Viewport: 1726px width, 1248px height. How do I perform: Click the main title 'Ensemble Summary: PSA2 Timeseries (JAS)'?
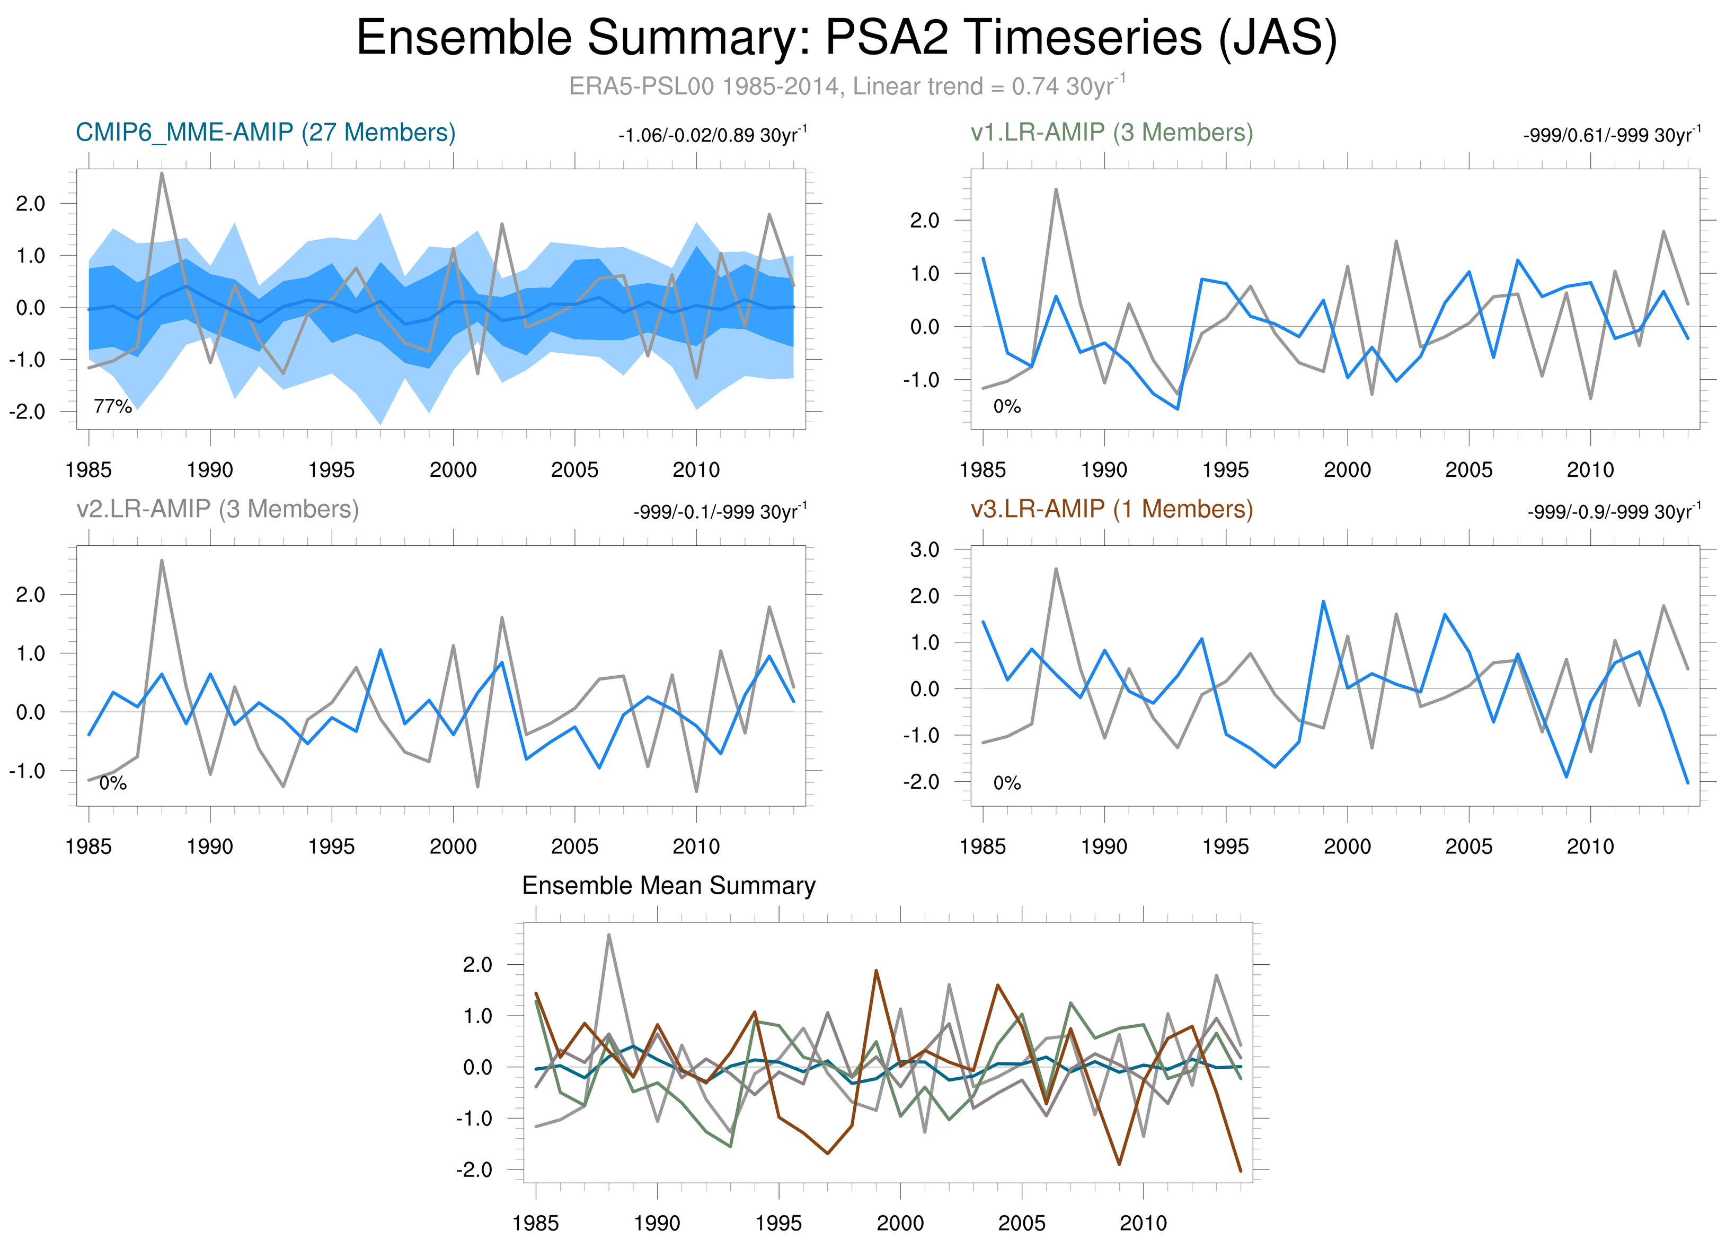[846, 38]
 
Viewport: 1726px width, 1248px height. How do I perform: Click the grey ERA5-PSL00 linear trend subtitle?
[846, 86]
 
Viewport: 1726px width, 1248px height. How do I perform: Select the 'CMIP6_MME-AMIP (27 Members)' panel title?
[265, 133]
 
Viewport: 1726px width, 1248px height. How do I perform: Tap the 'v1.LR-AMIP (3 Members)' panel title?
[1111, 133]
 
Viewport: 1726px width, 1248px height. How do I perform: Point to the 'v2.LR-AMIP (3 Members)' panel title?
[218, 509]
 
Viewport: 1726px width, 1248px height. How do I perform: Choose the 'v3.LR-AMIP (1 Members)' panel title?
[1111, 509]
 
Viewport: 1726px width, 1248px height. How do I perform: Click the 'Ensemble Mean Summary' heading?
[668, 886]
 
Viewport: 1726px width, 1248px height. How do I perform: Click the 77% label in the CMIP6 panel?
[113, 407]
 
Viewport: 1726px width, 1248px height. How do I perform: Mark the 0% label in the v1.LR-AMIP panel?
[1007, 407]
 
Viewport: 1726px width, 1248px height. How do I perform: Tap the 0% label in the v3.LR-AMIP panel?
[1007, 783]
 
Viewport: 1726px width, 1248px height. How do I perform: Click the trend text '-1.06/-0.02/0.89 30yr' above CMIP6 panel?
[712, 136]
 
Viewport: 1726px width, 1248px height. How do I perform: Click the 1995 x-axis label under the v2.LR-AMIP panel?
[331, 846]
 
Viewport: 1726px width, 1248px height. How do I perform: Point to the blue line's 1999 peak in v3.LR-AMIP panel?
[1323, 601]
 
